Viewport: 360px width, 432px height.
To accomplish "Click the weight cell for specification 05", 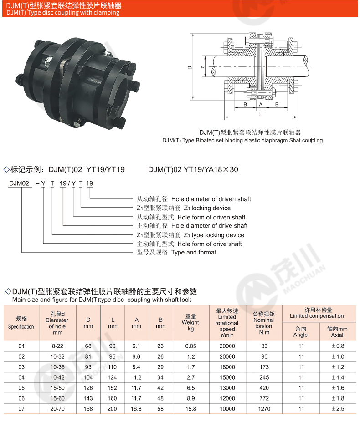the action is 190,388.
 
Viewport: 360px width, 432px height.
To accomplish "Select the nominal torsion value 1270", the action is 264,409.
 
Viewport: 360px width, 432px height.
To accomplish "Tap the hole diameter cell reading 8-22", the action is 57,346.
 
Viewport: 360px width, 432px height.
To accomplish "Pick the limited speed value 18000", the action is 227,367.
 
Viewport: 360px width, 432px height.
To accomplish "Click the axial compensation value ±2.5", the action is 338,409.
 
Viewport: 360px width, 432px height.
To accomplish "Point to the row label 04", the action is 21,377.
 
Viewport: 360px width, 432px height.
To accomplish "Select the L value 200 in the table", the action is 112,409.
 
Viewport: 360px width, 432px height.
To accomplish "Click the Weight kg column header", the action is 190,322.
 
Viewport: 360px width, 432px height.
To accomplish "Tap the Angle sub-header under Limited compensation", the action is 300,332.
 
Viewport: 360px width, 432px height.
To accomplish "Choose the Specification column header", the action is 21,323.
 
